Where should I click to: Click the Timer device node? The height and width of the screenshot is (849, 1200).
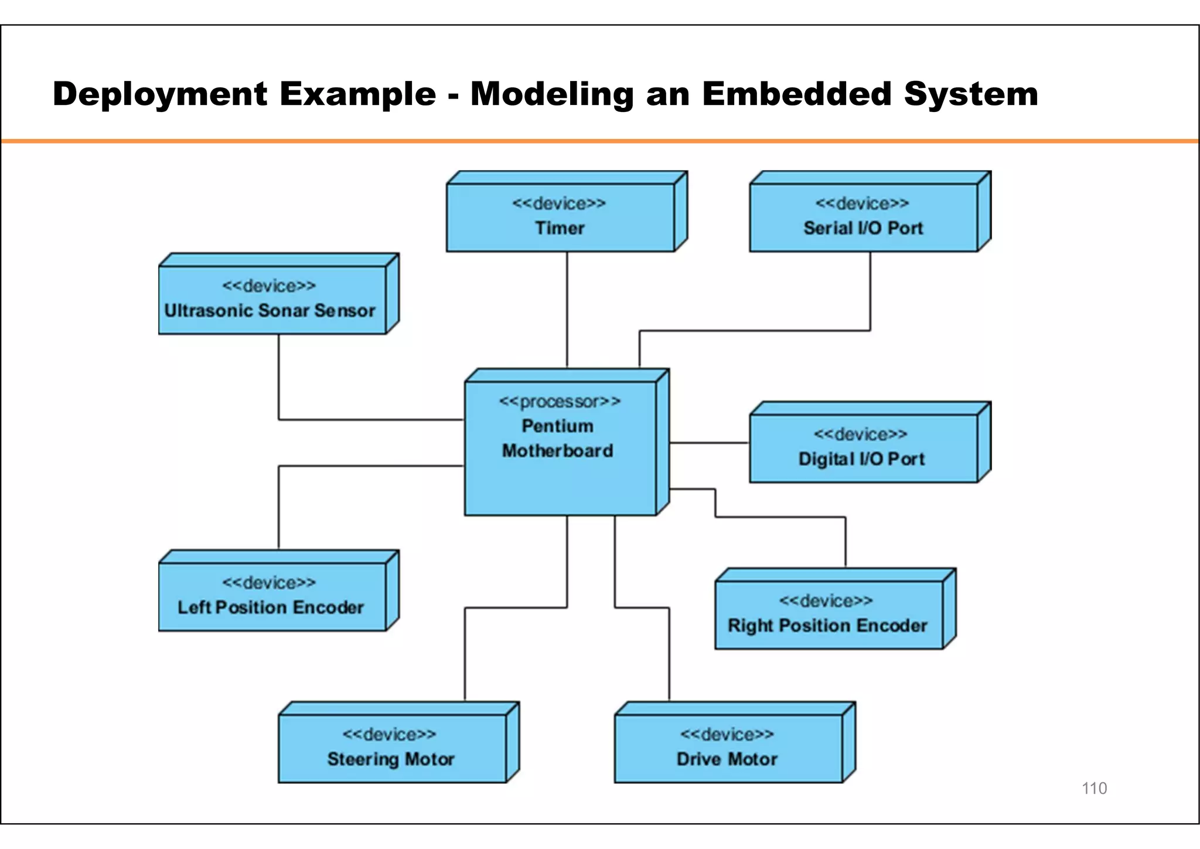560,218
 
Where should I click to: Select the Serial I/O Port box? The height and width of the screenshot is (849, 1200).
863,218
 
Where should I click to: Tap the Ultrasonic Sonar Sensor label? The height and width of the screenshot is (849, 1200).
270,311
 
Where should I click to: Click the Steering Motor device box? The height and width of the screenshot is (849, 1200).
391,748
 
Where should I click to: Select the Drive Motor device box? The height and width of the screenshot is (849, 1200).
728,748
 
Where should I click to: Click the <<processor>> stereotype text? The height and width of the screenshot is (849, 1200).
560,402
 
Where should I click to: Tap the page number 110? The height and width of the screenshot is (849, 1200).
1094,788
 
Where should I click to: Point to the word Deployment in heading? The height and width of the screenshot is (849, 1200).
160,94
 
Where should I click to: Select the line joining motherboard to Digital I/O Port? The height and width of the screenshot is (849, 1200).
709,443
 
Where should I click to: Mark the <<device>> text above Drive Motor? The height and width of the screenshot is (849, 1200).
727,735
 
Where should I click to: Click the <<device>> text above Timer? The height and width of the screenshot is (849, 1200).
559,203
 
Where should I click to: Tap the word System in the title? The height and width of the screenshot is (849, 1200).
971,94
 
